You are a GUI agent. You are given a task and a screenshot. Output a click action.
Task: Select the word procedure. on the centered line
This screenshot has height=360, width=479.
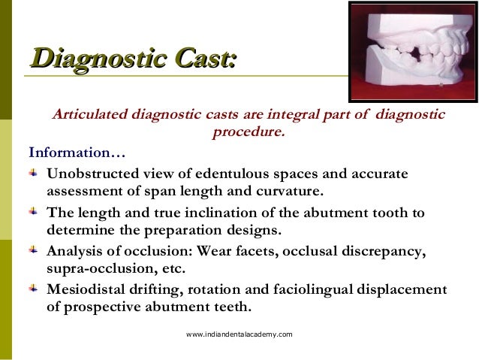point(249,135)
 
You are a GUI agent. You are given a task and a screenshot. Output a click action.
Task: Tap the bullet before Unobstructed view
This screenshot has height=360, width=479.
point(35,174)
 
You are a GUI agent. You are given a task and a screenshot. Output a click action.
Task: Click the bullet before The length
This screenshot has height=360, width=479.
point(35,212)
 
